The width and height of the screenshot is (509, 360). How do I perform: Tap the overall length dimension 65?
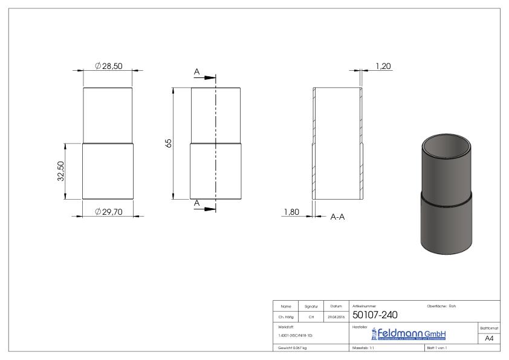click(x=169, y=143)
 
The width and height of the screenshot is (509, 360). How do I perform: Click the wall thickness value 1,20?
click(x=383, y=65)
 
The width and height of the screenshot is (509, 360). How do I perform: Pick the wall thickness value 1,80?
click(x=291, y=212)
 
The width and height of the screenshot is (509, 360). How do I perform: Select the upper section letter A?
click(x=197, y=72)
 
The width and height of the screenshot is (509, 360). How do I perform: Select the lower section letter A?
click(x=197, y=203)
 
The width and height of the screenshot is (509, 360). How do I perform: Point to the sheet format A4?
click(x=489, y=338)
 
